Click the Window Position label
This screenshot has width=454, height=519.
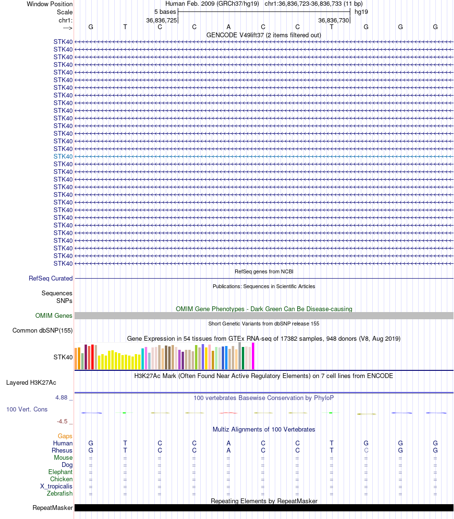(50, 4)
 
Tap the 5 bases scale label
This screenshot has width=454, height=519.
(165, 11)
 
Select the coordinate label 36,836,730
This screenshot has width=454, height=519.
(334, 20)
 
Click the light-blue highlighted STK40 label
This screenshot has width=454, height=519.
(63, 156)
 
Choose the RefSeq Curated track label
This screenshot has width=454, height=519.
(51, 278)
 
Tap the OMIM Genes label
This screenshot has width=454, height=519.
(54, 315)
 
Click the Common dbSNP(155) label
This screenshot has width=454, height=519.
(43, 330)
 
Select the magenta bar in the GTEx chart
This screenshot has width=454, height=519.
(253, 356)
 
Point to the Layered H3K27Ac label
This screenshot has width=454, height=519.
(31, 382)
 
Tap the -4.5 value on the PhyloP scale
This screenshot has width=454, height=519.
(63, 422)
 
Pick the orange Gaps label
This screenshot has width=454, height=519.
(65, 436)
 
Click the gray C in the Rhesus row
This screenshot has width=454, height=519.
(366, 450)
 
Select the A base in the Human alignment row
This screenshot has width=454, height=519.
(228, 443)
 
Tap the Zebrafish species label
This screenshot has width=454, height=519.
(60, 493)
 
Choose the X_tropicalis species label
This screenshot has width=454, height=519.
(56, 486)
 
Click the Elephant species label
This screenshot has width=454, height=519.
(60, 472)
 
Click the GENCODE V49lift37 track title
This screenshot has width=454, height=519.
(263, 35)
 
